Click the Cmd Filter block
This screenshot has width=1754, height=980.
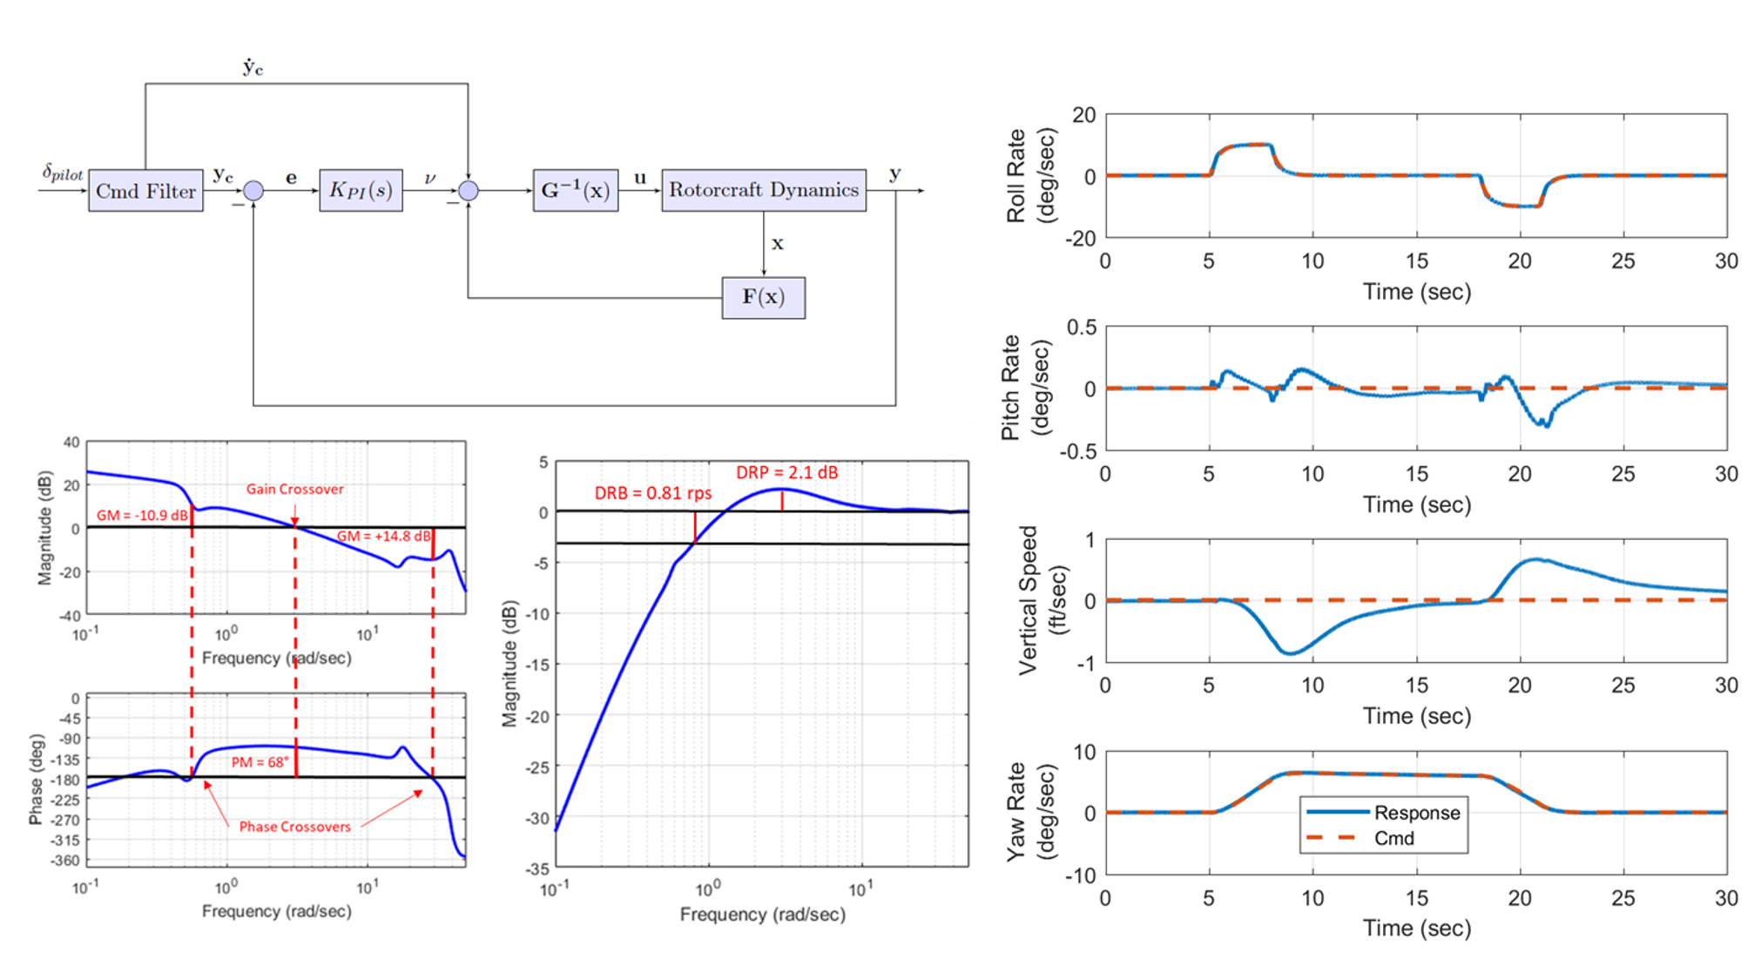click(x=145, y=191)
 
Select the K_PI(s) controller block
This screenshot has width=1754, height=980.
click(x=361, y=190)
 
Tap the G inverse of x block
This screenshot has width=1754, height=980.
click(x=575, y=190)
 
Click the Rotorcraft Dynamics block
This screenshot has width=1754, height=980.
click(x=763, y=190)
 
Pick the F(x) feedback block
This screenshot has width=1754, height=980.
click(x=763, y=297)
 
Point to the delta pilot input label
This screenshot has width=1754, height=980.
click(x=63, y=172)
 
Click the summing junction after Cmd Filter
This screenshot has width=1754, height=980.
click(x=253, y=191)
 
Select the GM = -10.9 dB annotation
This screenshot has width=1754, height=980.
click(x=142, y=515)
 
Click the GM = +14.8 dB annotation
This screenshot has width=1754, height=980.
click(x=383, y=536)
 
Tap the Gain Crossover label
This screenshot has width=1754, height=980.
click(x=294, y=489)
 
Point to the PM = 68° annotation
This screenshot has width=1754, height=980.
click(x=260, y=762)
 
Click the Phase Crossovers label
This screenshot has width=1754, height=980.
click(x=294, y=827)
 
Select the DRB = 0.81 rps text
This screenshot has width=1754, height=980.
click(x=652, y=493)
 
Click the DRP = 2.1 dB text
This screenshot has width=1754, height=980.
click(x=786, y=472)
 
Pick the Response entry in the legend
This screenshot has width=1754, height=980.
click(x=1416, y=813)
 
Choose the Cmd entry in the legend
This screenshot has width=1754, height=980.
click(x=1393, y=838)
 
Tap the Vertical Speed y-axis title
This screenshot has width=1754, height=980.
click(x=1042, y=600)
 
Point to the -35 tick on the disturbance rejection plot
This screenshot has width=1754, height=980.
click(x=538, y=868)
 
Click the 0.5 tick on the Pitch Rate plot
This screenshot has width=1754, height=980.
click(x=1082, y=328)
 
